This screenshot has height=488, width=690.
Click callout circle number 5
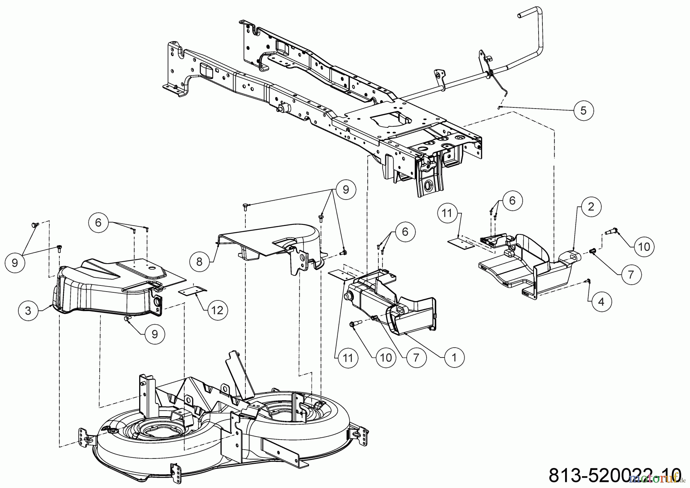click(583, 111)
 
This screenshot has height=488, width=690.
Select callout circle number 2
click(591, 207)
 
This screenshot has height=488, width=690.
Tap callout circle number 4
click(601, 302)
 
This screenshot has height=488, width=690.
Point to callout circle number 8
click(199, 261)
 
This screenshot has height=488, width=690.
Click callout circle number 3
click(28, 310)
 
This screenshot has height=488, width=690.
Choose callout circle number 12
click(217, 310)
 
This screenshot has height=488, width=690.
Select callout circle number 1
click(454, 358)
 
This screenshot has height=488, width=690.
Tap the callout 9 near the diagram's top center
click(346, 190)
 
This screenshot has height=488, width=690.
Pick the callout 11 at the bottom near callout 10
click(347, 358)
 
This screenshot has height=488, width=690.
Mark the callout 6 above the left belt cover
click(99, 223)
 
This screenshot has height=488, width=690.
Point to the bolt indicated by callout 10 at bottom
click(353, 325)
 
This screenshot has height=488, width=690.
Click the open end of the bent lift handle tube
click(521, 14)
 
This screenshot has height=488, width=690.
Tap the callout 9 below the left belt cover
click(154, 334)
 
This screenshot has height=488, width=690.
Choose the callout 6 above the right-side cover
click(512, 200)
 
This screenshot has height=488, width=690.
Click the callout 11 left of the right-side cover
click(447, 212)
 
